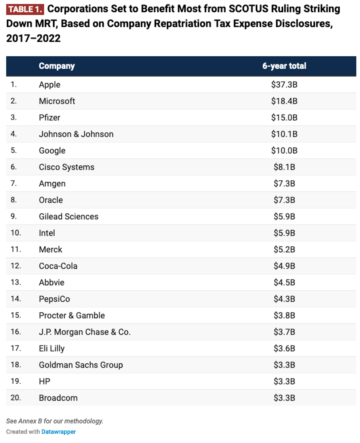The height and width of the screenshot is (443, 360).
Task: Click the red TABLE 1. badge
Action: click(x=25, y=9)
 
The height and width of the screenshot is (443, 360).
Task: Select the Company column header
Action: click(x=57, y=66)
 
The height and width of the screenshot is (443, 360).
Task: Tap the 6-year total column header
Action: click(x=284, y=66)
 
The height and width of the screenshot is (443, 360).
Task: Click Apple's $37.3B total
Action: click(x=284, y=85)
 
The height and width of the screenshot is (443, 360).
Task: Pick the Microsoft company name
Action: click(x=57, y=101)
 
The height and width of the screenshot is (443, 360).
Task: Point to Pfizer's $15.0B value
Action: click(x=284, y=118)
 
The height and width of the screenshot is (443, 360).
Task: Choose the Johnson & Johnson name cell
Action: click(x=76, y=134)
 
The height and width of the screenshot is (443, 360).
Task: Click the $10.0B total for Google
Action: click(x=284, y=151)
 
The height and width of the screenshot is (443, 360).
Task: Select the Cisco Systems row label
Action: click(x=67, y=167)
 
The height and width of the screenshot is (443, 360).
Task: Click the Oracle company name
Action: click(x=51, y=200)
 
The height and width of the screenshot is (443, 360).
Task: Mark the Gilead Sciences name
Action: click(x=68, y=217)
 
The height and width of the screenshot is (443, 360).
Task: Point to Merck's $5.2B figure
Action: click(x=284, y=250)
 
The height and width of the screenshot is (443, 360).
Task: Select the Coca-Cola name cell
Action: click(x=58, y=266)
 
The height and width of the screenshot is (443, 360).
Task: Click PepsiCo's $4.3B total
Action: click(x=284, y=299)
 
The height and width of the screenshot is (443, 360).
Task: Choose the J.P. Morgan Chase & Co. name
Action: click(x=85, y=332)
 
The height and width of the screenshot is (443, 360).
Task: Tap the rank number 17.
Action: click(x=16, y=348)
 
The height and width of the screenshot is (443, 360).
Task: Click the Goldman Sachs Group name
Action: click(x=81, y=365)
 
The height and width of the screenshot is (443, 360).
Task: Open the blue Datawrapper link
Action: click(x=59, y=432)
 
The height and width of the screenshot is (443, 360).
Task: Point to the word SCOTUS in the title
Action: click(x=248, y=9)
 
